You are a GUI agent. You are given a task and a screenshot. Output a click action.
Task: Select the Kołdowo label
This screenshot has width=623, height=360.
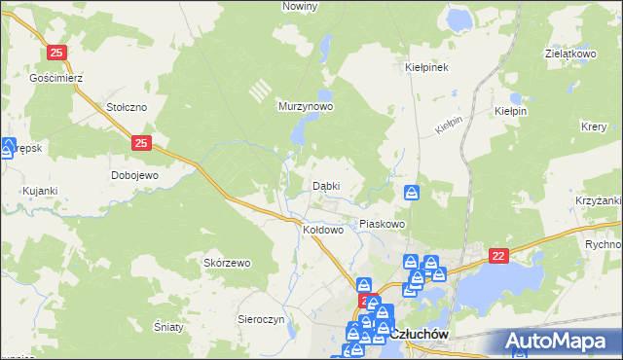point(323,230)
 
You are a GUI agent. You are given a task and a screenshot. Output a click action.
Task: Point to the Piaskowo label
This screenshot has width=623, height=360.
point(382,224)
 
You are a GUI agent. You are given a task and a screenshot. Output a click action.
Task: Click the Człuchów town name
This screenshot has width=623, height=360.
point(424,334)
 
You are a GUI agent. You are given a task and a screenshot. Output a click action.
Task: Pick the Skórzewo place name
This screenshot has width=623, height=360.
point(227,263)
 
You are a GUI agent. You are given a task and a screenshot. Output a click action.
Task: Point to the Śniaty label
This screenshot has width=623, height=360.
point(168,327)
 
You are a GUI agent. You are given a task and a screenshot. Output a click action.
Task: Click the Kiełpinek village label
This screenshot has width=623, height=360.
point(425,68)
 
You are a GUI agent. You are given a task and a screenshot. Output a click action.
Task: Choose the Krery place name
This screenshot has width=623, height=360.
point(594,127)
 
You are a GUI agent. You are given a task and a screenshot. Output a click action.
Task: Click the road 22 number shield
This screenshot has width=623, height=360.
point(499,255)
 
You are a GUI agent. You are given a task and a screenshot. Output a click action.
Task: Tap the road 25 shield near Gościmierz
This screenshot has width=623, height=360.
point(57,53)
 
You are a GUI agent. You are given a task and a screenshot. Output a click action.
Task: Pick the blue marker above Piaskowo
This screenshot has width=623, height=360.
point(412,193)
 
